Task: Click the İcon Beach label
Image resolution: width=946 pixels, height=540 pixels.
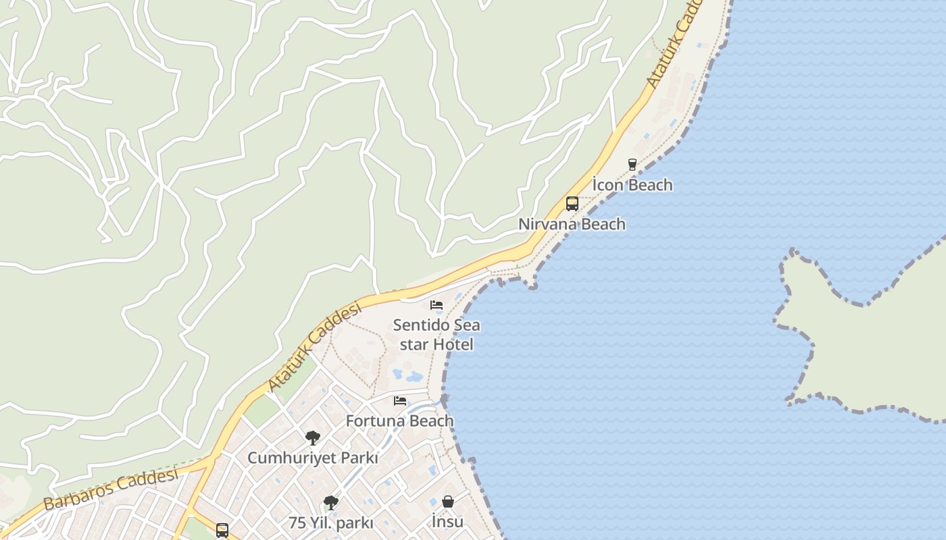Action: [x=632, y=185]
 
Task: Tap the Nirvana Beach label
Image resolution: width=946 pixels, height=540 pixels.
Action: [x=572, y=224]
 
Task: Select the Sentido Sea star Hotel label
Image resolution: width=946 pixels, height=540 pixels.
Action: [x=437, y=335]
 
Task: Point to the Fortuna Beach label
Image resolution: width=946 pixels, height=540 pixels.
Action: [x=399, y=421]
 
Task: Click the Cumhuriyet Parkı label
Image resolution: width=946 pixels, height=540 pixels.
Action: [x=312, y=458]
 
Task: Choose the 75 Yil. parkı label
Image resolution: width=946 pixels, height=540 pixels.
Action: [x=330, y=522]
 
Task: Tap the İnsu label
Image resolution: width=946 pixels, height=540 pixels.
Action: [x=447, y=521]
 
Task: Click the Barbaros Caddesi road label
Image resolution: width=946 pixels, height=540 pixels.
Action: [x=111, y=489]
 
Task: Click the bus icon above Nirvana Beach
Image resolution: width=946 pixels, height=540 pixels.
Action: [x=572, y=203]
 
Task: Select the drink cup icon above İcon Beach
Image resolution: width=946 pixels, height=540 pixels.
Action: [x=632, y=164]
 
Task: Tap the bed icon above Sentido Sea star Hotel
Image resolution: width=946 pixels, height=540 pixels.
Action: [x=437, y=305]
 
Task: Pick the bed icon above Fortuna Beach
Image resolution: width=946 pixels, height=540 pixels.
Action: [x=400, y=401]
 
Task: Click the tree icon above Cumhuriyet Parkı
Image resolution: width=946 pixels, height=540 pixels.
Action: [x=312, y=438]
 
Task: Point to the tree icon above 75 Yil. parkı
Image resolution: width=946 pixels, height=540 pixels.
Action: [x=330, y=502]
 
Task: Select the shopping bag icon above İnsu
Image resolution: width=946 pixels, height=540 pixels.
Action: [x=447, y=502]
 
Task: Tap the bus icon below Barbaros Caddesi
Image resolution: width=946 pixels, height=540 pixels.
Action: [x=222, y=530]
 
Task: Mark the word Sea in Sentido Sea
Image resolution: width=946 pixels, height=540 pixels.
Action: [x=466, y=325]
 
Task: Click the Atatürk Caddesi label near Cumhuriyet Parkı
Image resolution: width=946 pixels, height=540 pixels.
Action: [x=314, y=348]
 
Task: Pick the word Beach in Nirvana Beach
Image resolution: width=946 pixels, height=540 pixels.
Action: [x=603, y=224]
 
